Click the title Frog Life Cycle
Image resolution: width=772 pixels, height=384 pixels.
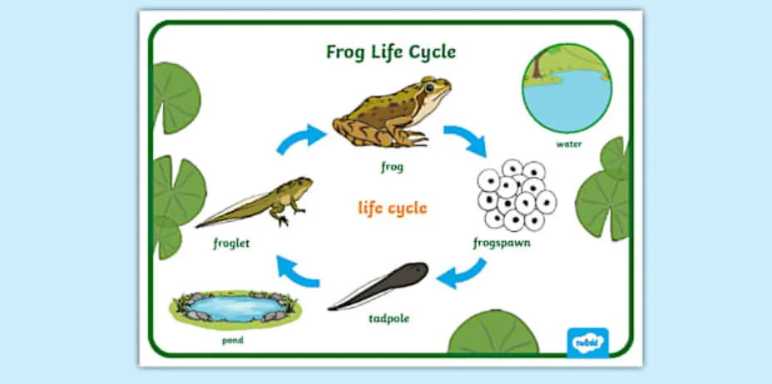point(390,52)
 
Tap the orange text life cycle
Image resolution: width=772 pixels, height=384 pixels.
point(393,208)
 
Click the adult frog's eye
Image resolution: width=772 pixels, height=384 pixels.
point(429,86)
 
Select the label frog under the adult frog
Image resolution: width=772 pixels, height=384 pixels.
point(392,167)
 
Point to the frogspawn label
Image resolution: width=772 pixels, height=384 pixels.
point(502,244)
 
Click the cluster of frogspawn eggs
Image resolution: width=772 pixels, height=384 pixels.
point(516,196)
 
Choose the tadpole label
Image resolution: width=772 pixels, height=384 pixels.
point(389,318)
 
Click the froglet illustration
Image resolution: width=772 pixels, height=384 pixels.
point(258,203)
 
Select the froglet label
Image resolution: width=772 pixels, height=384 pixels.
point(231,244)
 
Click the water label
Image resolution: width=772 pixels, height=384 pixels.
point(569,144)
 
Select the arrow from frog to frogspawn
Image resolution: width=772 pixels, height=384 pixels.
point(465,140)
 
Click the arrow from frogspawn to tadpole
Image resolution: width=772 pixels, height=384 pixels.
point(463,273)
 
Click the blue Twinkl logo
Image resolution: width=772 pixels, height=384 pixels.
point(587,342)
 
